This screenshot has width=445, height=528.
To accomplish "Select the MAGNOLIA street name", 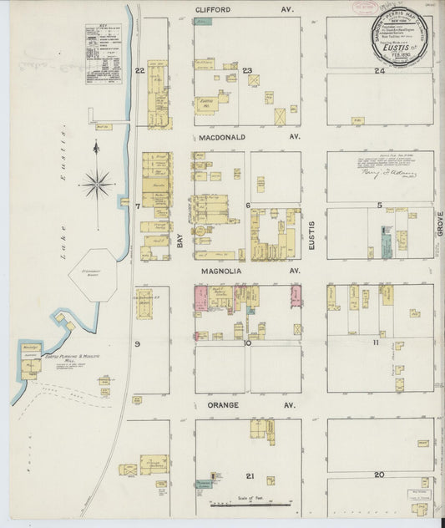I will pos(223,272).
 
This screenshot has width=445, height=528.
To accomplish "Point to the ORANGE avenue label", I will pos(218,405).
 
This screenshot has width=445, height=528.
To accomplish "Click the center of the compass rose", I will pos(98,182).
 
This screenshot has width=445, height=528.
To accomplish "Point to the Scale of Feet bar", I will pos(250,503).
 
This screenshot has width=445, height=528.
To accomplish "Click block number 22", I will pos(140,70).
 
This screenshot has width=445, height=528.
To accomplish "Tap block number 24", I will pos(379,71).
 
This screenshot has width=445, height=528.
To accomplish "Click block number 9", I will pos(137,343).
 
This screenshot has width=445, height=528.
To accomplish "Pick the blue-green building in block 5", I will pos(387,241).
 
